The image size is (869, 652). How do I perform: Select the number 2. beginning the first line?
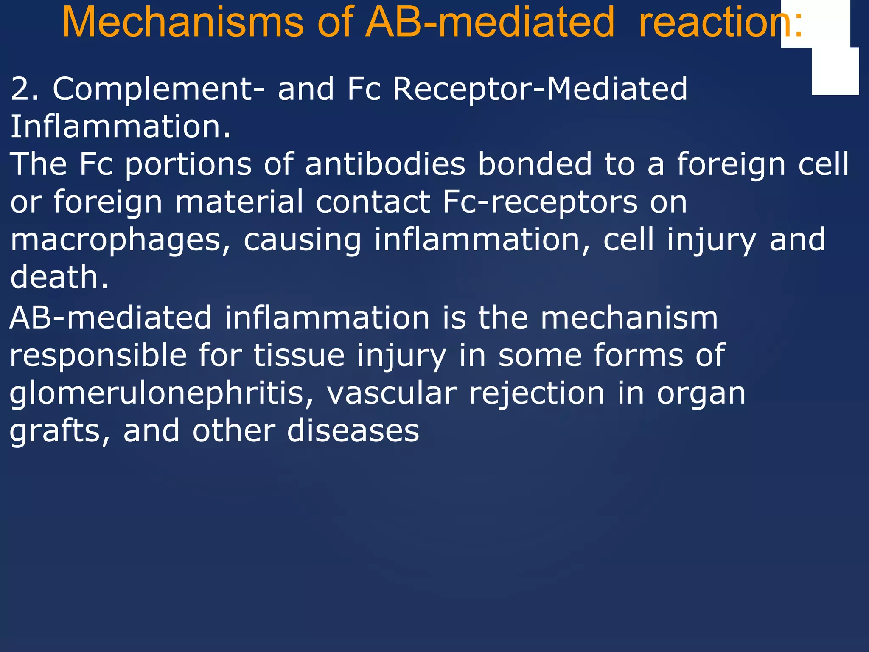[25, 89]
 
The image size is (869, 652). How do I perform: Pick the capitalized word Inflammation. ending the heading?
[121, 126]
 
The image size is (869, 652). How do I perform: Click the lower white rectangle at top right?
[835, 71]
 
